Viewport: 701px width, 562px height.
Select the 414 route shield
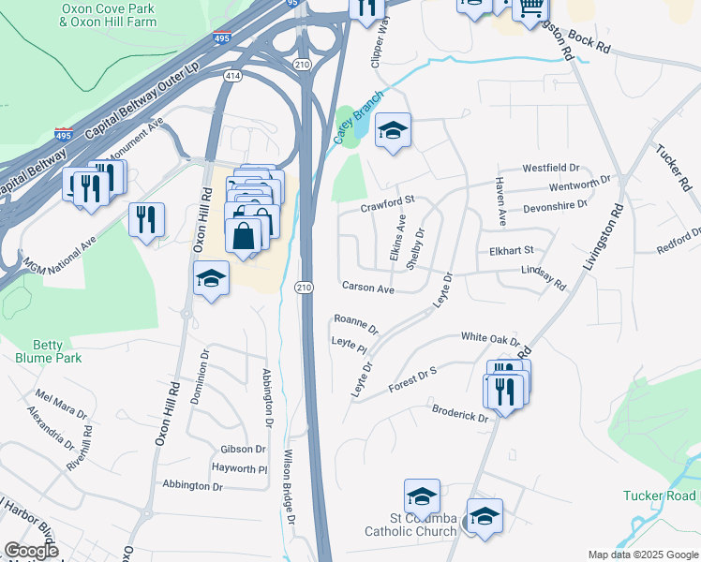(232, 74)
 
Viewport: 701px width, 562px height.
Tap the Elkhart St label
(511, 251)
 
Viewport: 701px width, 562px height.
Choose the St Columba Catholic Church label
(423, 525)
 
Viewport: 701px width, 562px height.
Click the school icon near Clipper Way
(393, 131)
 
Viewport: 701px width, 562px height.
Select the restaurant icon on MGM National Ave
(145, 221)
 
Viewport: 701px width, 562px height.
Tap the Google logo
(31, 551)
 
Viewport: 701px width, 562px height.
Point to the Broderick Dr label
(460, 413)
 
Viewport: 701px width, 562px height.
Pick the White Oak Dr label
(489, 337)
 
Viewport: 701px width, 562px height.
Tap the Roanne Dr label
(355, 324)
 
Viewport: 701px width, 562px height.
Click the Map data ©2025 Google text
(642, 555)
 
